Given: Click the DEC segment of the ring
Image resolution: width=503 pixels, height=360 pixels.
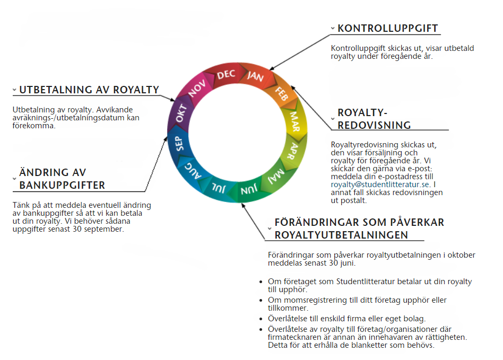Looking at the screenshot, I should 226,75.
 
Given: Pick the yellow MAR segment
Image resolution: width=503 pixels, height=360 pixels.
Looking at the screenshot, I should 294,122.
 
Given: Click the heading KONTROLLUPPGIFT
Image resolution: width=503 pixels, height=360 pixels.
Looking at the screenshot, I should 388,29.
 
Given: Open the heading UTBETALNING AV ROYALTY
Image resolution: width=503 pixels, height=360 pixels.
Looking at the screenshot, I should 89,90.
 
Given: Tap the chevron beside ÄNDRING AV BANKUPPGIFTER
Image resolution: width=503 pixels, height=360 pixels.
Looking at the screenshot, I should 14,178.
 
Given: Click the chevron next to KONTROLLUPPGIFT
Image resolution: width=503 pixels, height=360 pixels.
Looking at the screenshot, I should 333,29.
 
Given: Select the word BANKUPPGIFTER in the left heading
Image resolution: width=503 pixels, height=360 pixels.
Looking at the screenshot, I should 62,185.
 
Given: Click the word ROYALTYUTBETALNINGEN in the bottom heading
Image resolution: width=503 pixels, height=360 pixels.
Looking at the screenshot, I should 341,235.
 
